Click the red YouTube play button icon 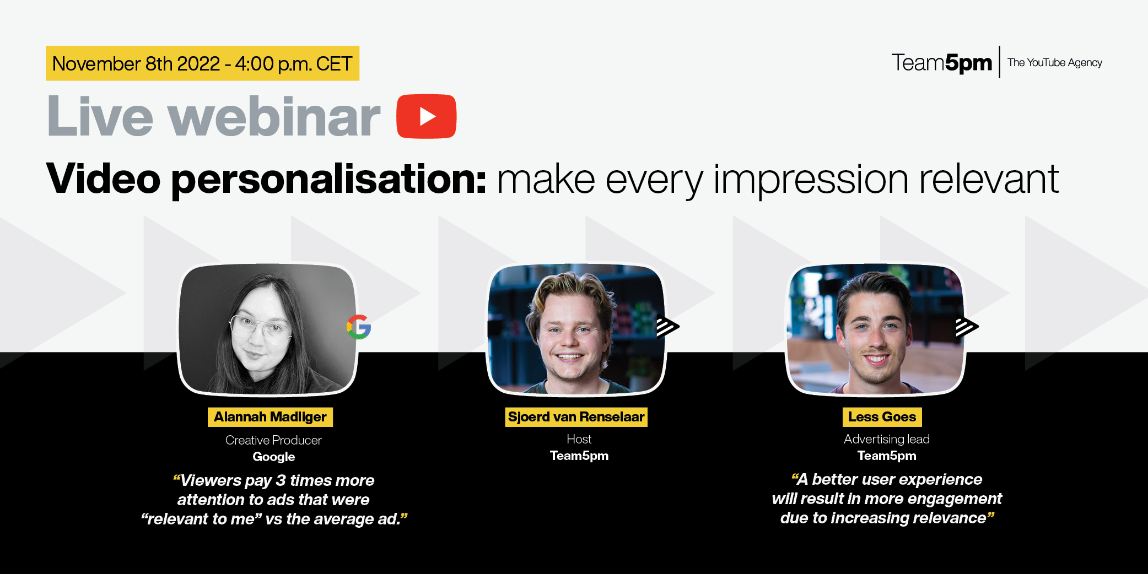click(426, 116)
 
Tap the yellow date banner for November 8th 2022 click(202, 63)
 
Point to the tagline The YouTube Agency click(1054, 63)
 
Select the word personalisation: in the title click(329, 180)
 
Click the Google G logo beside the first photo click(359, 327)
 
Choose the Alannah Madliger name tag click(270, 417)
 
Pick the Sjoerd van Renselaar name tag click(576, 417)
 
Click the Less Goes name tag click(882, 417)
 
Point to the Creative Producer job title click(273, 440)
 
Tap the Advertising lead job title click(886, 439)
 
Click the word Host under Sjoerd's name click(579, 439)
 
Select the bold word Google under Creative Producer click(273, 457)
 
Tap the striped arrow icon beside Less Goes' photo click(967, 327)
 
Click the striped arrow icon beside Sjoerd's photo click(667, 326)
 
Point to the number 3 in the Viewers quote click(281, 480)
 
